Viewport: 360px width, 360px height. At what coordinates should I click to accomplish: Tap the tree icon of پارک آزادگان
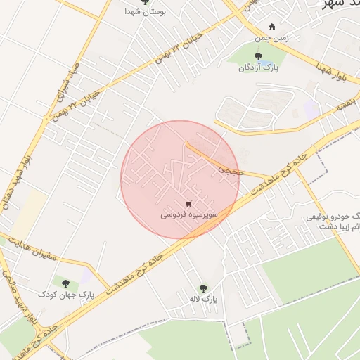click(x=257, y=56)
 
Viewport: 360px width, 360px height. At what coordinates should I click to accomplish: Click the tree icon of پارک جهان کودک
click(x=65, y=283)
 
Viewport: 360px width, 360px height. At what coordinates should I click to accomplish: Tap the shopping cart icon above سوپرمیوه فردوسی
click(x=187, y=204)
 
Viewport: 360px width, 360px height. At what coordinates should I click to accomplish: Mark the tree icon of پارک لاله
click(x=204, y=288)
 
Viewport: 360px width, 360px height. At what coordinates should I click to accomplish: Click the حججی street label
click(x=229, y=169)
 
